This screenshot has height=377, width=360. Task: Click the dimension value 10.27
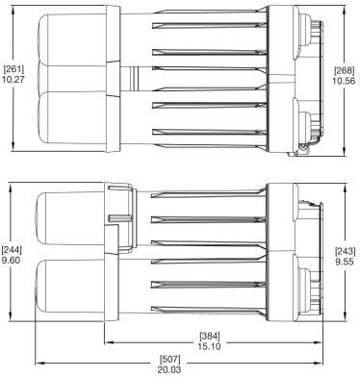(13, 80)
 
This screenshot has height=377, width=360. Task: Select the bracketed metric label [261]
(13, 69)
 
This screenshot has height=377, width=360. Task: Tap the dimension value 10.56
(344, 81)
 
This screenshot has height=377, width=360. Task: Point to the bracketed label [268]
(345, 70)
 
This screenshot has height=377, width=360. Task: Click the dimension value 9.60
(11, 261)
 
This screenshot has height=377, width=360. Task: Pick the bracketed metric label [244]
(12, 250)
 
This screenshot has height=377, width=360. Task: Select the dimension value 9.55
(345, 262)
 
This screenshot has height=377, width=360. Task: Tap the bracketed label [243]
(345, 251)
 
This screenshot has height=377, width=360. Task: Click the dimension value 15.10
(210, 346)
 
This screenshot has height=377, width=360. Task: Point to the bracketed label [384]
(210, 337)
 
